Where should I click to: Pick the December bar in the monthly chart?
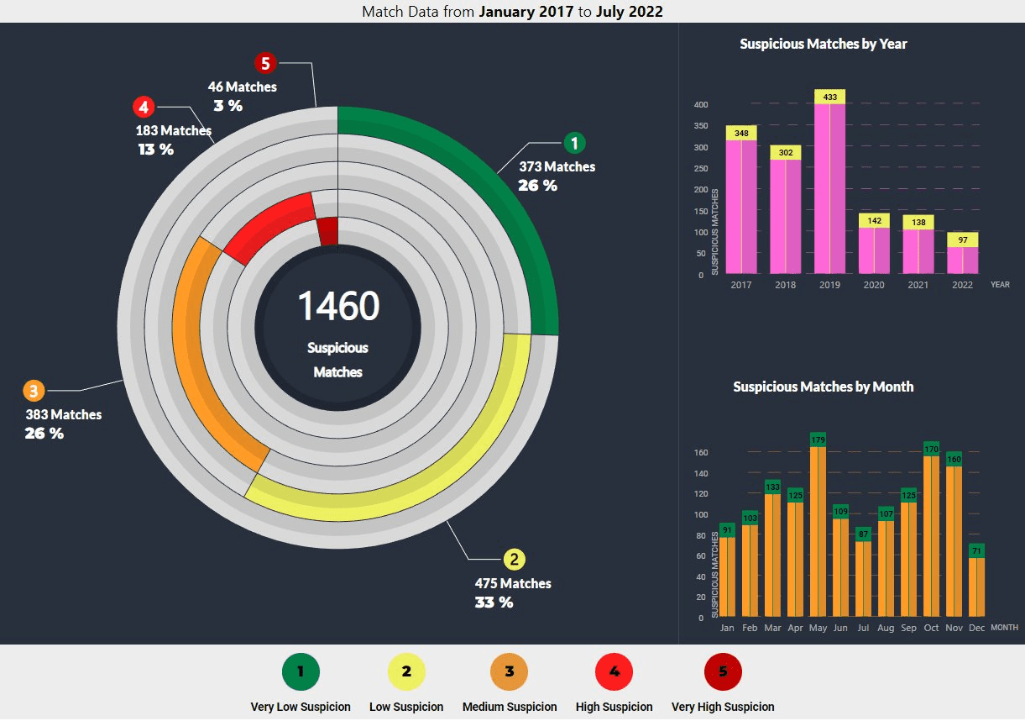[x=976, y=587]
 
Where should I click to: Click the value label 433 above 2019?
[x=829, y=97]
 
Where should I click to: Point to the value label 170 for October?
[x=931, y=449]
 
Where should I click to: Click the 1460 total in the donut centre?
[x=338, y=306]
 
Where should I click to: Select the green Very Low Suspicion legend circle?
[x=301, y=671]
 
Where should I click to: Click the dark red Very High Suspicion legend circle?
[x=723, y=671]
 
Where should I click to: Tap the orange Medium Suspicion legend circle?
[x=510, y=671]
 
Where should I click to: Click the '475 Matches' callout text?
[x=513, y=583]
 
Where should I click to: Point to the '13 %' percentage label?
[x=156, y=150]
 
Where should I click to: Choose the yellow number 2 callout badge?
[x=514, y=560]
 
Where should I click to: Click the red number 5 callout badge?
[x=265, y=63]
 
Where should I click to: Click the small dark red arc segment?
[x=328, y=230]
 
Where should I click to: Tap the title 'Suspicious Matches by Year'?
[x=823, y=44]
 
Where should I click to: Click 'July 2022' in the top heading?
[x=629, y=12]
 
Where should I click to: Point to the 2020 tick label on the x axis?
[x=873, y=285]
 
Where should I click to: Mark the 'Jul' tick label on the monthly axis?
[x=863, y=628]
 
